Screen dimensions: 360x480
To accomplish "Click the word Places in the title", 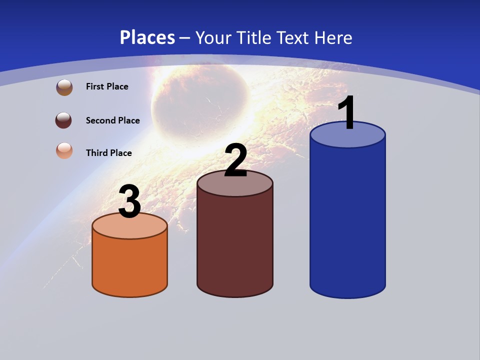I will pyautogui.click(x=147, y=37).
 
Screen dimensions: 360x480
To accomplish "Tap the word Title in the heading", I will pyautogui.click(x=255, y=37).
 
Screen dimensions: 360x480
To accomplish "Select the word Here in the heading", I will pyautogui.click(x=333, y=37).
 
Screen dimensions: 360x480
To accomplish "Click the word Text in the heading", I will pyautogui.click(x=294, y=37).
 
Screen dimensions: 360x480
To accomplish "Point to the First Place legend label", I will pyautogui.click(x=107, y=86).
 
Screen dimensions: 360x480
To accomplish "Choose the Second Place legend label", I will pyautogui.click(x=112, y=120).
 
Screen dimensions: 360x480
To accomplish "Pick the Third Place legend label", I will pyautogui.click(x=108, y=153).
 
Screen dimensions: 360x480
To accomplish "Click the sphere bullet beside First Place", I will pyautogui.click(x=64, y=87).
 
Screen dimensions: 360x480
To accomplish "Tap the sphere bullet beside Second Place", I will pyautogui.click(x=64, y=120).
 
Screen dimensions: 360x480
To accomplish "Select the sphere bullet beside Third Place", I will pyautogui.click(x=64, y=150).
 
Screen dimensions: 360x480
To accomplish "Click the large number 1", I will pyautogui.click(x=346, y=113).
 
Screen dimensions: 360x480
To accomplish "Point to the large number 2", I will pyautogui.click(x=235, y=160).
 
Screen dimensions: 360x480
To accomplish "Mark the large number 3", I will pyautogui.click(x=129, y=202).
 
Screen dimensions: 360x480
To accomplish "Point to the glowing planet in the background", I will pyautogui.click(x=200, y=100).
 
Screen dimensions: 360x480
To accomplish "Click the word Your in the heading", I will pyautogui.click(x=214, y=37).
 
